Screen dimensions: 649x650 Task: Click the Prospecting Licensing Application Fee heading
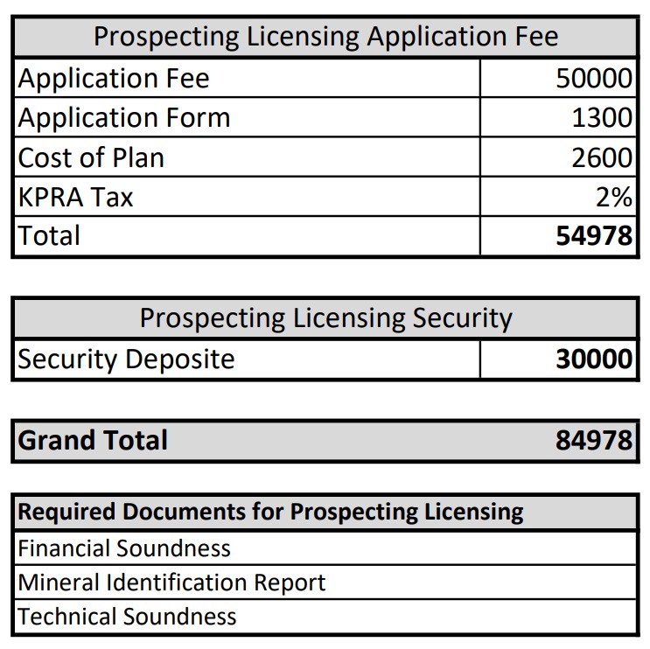click(x=325, y=37)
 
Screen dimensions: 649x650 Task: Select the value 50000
click(x=594, y=79)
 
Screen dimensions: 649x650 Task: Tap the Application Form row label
click(x=124, y=118)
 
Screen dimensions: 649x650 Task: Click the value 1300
click(x=602, y=118)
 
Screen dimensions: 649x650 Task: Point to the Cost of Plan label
click(x=91, y=158)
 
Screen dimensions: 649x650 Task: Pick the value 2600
click(x=602, y=158)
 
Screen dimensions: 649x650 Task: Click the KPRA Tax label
click(x=76, y=198)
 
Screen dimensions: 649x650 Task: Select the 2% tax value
click(x=613, y=198)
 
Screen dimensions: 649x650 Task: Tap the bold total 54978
click(x=594, y=237)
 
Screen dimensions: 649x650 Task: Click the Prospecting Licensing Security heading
click(x=325, y=318)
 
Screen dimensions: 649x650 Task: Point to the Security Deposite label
click(x=127, y=359)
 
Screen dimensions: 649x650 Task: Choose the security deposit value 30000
click(x=594, y=359)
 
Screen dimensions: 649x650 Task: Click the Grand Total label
click(x=93, y=440)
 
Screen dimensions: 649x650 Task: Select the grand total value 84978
click(x=594, y=440)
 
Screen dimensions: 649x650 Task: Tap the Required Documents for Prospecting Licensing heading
click(x=270, y=513)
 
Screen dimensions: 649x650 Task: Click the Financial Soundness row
click(x=124, y=548)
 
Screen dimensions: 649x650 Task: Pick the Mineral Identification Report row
click(x=171, y=583)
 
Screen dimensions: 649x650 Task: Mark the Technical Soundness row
click(x=127, y=617)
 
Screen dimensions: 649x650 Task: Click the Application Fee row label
click(x=114, y=79)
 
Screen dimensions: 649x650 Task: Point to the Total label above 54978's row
click(x=49, y=236)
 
